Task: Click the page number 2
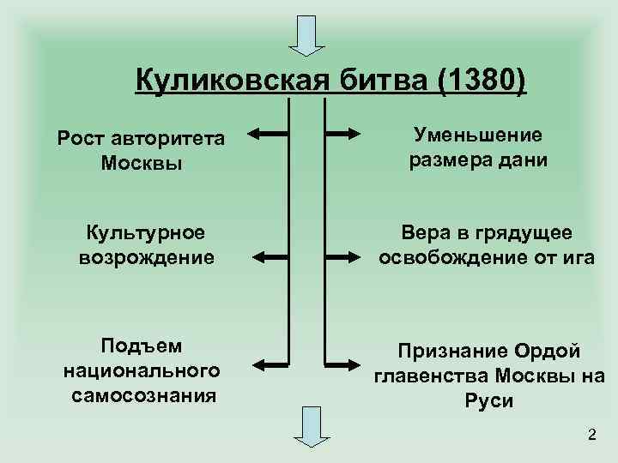pos(591,435)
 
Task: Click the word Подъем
pos(142,345)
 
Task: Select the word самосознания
pos(142,394)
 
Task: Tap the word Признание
pos(451,352)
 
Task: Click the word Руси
pos(488,400)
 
